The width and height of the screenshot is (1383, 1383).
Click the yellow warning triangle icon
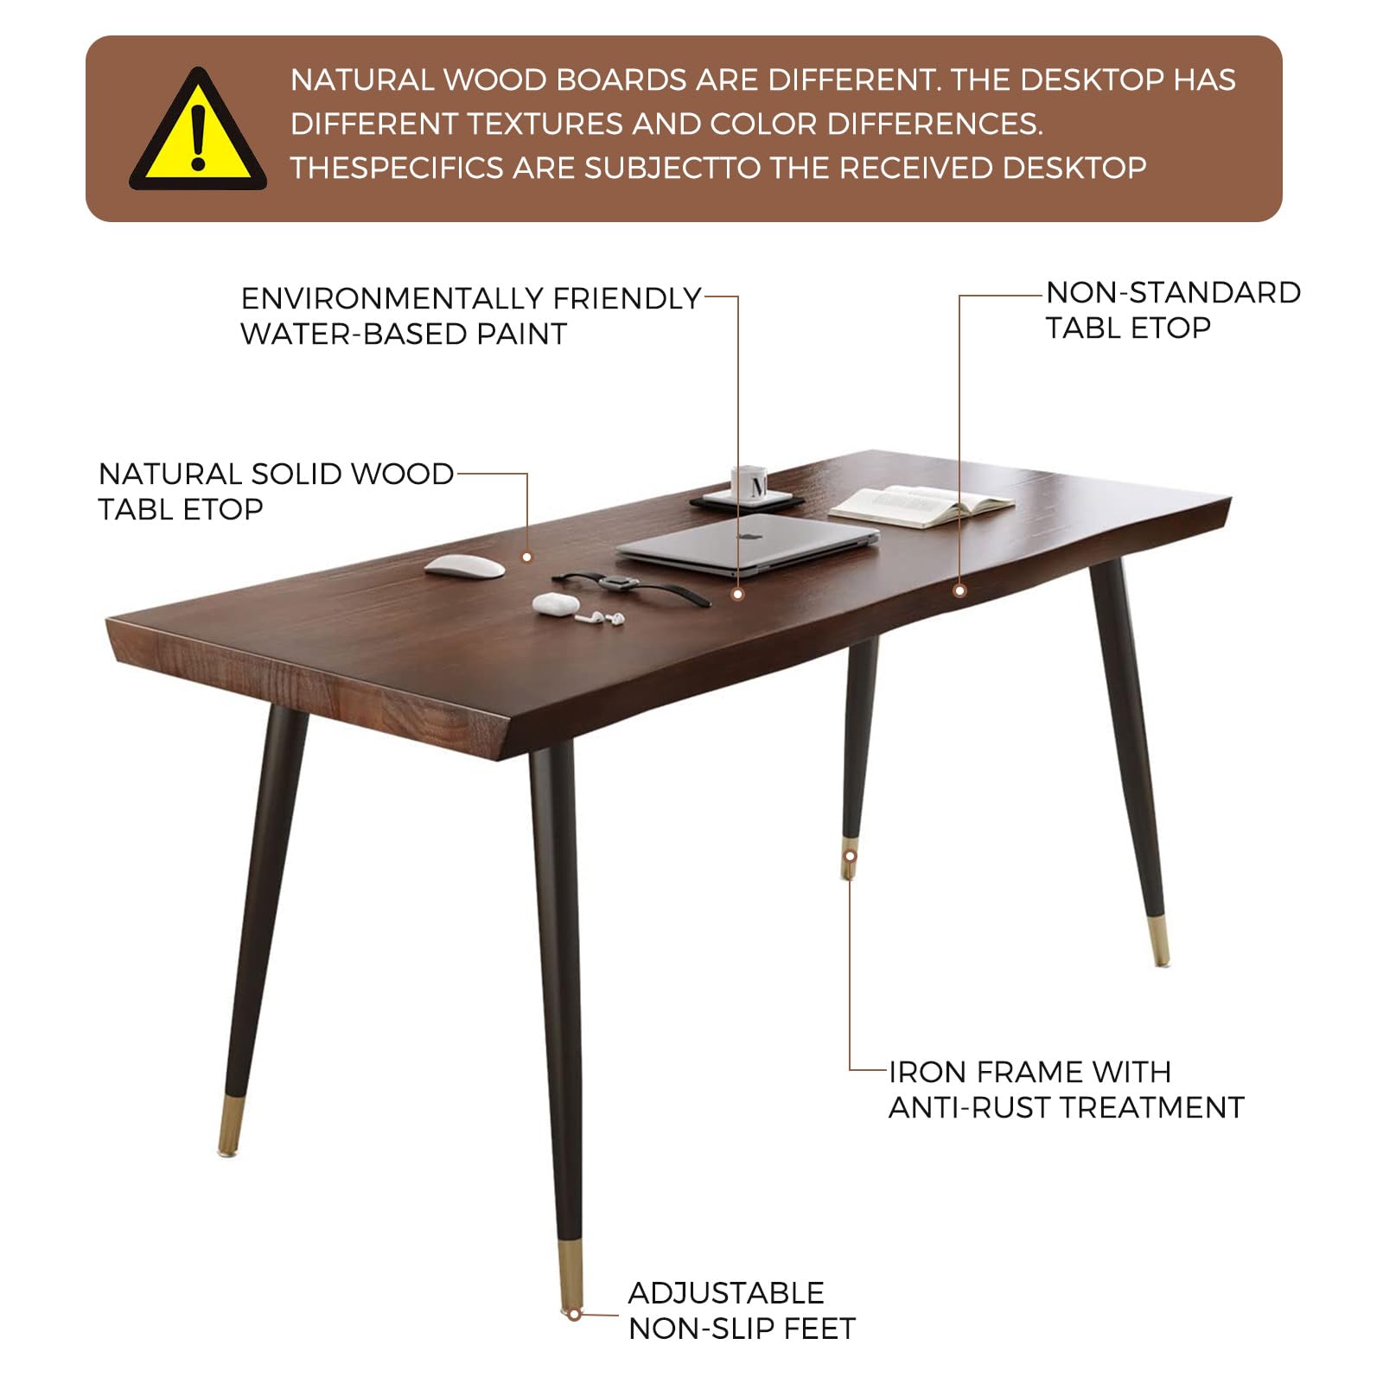pyautogui.click(x=198, y=133)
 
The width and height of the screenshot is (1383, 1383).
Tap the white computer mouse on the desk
pyautogui.click(x=465, y=566)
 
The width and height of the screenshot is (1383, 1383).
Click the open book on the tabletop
pyautogui.click(x=921, y=503)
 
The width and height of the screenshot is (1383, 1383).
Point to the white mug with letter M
pyautogui.click(x=749, y=483)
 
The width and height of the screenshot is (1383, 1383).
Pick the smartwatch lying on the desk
pyautogui.click(x=619, y=583)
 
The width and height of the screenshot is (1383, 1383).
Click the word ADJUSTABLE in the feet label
pyautogui.click(x=726, y=1293)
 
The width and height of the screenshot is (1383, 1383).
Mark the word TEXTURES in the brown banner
pyautogui.click(x=545, y=124)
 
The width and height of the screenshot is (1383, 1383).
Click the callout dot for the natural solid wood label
pyautogui.click(x=526, y=558)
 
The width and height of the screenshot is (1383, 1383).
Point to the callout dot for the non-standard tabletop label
pyautogui.click(x=959, y=590)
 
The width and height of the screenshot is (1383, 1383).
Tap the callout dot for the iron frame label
pyautogui.click(x=850, y=856)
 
